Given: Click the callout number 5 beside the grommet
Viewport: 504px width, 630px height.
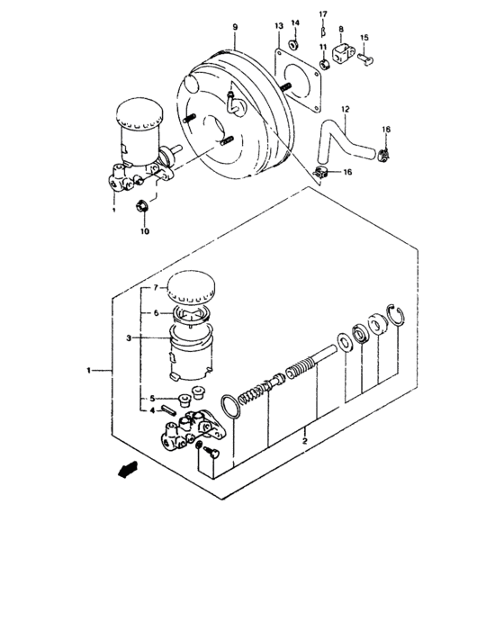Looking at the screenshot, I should (154, 398).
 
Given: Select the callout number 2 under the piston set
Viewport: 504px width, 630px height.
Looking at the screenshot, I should (305, 441).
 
